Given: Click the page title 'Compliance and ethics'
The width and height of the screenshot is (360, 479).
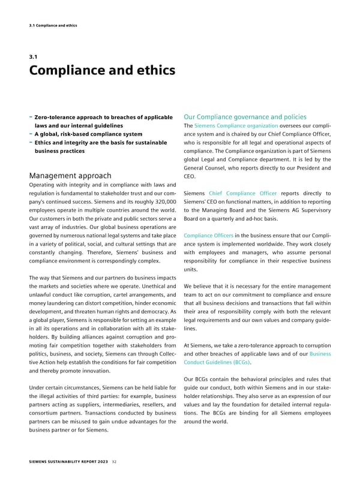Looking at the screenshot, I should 102,71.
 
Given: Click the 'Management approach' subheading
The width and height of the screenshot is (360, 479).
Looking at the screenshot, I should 70,176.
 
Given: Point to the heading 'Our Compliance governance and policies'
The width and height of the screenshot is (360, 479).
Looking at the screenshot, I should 244,116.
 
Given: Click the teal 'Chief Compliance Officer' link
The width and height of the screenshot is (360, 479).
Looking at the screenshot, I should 242,193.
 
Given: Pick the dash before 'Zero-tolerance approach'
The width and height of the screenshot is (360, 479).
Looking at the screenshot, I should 31,116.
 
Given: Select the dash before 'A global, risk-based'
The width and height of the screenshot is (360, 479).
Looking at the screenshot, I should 31,134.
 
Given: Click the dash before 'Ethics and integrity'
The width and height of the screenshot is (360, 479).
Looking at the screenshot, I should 31,143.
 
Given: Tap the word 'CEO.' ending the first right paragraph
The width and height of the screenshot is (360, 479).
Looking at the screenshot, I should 189,176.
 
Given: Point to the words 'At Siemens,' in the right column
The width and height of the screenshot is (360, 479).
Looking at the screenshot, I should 199,345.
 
